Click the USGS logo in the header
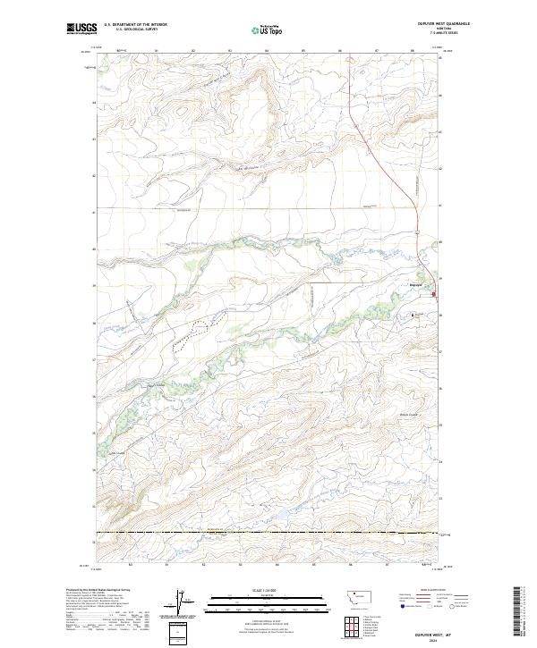[81, 29]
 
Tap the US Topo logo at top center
[263, 29]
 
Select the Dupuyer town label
[414, 286]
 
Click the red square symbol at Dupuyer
[435, 294]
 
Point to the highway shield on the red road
[418, 226]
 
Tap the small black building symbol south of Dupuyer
[413, 315]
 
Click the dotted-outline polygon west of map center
[195, 330]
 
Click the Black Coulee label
[409, 414]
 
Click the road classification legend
[436, 599]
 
